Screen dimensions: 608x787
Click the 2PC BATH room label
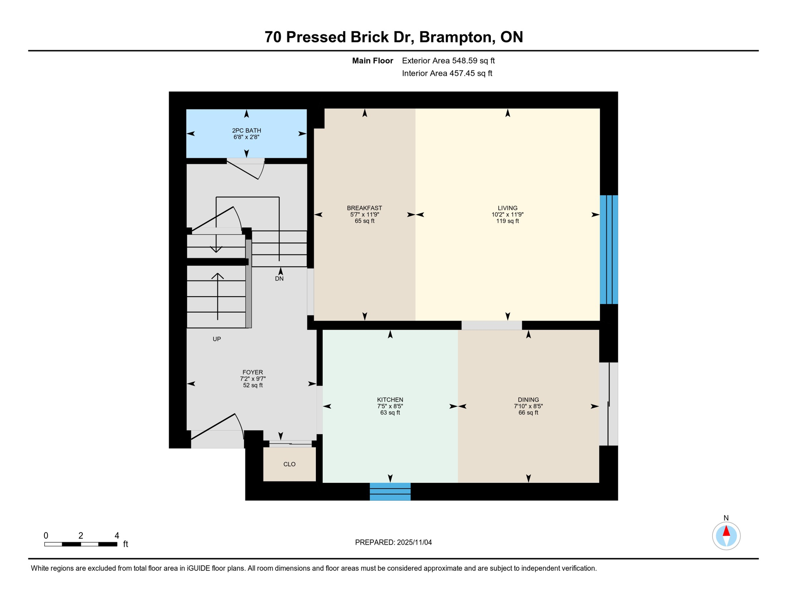[x=246, y=131]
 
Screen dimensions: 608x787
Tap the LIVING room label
[x=508, y=208]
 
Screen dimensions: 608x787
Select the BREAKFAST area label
[x=364, y=208]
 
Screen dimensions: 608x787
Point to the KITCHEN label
[x=390, y=400]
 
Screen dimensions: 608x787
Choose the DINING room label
[x=528, y=400]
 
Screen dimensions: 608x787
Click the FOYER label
[x=253, y=372]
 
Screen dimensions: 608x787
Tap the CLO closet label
[x=289, y=464]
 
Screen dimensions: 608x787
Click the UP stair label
[x=217, y=339]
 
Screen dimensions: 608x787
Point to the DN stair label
[x=279, y=279]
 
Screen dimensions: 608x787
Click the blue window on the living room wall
[x=609, y=249]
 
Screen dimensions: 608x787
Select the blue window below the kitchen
[x=390, y=492]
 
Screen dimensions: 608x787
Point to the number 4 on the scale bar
[x=117, y=536]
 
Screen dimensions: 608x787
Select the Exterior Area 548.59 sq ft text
[x=448, y=61]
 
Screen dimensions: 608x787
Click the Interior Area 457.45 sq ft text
[x=447, y=73]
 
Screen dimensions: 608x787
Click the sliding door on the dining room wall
[x=609, y=404]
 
